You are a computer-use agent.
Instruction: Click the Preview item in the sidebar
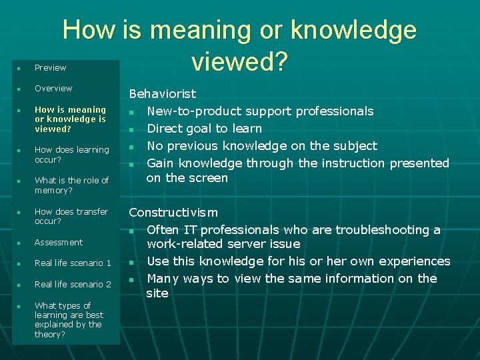coord(51,68)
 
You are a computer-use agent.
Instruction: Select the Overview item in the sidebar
coord(53,89)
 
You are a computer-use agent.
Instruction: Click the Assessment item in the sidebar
coord(59,243)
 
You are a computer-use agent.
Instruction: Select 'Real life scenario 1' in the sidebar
coord(73,263)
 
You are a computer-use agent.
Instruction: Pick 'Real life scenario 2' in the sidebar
coord(73,285)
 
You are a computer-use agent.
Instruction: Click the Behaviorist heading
coord(162,94)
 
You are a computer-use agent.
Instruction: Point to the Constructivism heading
coord(173,213)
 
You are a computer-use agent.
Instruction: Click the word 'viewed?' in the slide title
coord(239,61)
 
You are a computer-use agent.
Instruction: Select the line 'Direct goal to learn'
coord(204,129)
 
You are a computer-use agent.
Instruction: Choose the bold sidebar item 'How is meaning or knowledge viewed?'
coord(70,119)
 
